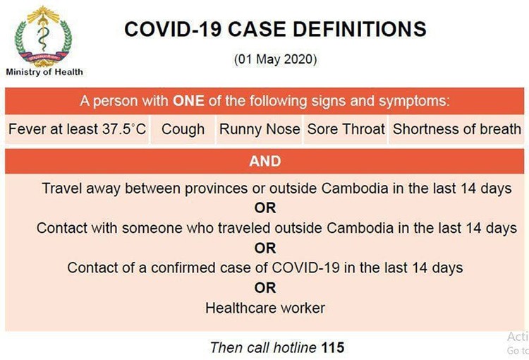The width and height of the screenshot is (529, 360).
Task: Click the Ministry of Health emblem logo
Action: [x=44, y=35]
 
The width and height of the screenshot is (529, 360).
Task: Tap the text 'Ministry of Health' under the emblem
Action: [x=44, y=71]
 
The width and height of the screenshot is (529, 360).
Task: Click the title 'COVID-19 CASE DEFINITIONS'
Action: [x=275, y=29]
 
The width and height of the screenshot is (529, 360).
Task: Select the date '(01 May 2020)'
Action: [x=275, y=60]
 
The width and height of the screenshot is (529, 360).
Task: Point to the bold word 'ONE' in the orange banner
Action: [x=189, y=100]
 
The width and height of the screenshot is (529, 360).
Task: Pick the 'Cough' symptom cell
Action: [x=183, y=130]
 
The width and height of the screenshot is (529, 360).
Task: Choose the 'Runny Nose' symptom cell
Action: [x=260, y=130]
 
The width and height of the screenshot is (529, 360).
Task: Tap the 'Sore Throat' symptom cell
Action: [x=346, y=130]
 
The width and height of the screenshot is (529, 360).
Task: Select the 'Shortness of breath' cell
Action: [x=456, y=130]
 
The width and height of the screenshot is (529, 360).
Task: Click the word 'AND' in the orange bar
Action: [x=265, y=161]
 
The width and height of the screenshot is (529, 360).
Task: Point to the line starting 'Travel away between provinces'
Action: [x=276, y=188]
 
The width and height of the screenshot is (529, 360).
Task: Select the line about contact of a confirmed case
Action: [x=265, y=268]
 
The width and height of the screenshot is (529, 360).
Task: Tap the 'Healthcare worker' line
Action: [x=265, y=308]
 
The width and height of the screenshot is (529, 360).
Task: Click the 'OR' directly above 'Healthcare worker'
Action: [x=265, y=288]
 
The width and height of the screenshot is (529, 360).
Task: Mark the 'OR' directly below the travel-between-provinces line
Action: [x=265, y=208]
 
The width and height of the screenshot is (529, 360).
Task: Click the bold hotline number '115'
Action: [x=333, y=347]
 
